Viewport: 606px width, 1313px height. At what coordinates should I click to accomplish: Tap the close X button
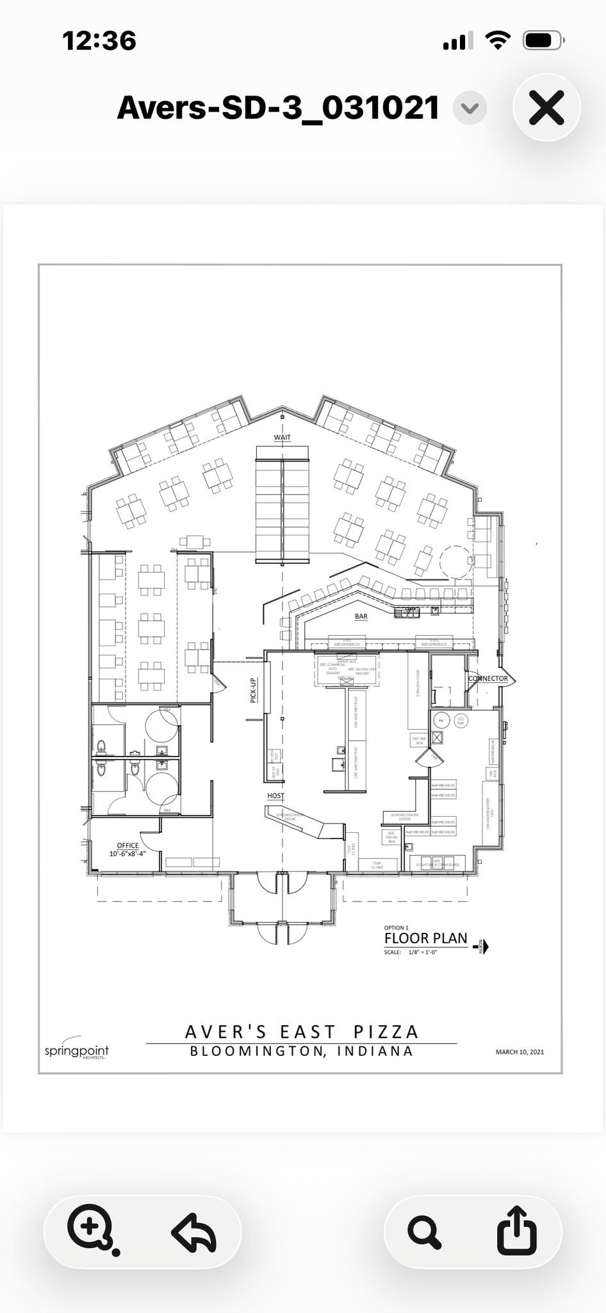pyautogui.click(x=546, y=108)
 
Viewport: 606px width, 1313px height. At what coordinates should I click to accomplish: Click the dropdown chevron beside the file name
pyautogui.click(x=470, y=108)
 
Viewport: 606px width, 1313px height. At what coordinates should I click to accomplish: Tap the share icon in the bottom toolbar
pyautogui.click(x=516, y=1230)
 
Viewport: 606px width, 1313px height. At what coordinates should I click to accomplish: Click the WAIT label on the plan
pyautogui.click(x=283, y=437)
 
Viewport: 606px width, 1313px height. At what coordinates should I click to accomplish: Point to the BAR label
pyautogui.click(x=361, y=616)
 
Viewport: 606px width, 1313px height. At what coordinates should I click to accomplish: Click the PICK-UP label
pyautogui.click(x=253, y=690)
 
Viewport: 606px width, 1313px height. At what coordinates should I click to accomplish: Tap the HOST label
pyautogui.click(x=275, y=796)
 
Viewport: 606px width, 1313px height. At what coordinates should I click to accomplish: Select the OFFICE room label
pyautogui.click(x=128, y=846)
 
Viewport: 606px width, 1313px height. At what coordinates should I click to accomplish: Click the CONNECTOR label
pyautogui.click(x=488, y=678)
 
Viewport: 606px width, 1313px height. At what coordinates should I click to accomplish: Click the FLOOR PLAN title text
pyautogui.click(x=426, y=939)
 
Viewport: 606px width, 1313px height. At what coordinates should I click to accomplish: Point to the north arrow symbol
pyautogui.click(x=483, y=946)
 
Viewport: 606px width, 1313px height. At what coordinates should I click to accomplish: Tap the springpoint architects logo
pyautogui.click(x=76, y=1050)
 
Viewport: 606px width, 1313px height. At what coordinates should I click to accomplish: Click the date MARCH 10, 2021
pyautogui.click(x=520, y=1051)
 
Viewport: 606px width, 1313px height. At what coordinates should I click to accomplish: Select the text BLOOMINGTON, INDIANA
pyautogui.click(x=302, y=1051)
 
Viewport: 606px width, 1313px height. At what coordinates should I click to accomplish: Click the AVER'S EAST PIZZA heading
pyautogui.click(x=302, y=1032)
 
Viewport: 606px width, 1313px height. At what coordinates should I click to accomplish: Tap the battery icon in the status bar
pyautogui.click(x=543, y=41)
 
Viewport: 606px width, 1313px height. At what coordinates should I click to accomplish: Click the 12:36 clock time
pyautogui.click(x=99, y=41)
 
